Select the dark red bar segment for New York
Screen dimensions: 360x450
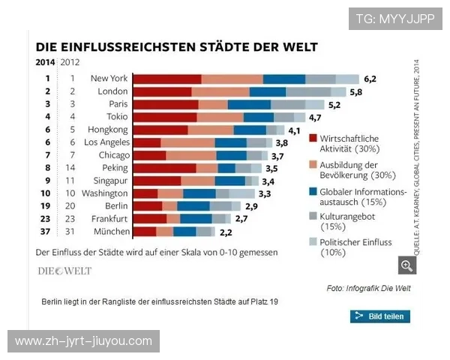click(x=167, y=79)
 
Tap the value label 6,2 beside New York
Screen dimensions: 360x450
click(x=369, y=79)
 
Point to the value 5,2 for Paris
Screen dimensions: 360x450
click(x=334, y=104)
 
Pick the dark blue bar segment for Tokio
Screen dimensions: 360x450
click(x=259, y=117)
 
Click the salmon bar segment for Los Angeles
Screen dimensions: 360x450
click(x=187, y=142)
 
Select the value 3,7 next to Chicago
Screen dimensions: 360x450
click(x=277, y=155)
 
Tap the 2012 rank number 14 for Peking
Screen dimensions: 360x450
click(x=72, y=168)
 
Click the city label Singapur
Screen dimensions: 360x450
click(x=109, y=181)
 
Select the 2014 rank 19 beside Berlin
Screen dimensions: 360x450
click(x=47, y=206)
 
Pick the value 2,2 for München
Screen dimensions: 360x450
click(x=226, y=232)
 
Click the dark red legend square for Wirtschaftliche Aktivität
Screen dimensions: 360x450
click(x=313, y=139)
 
